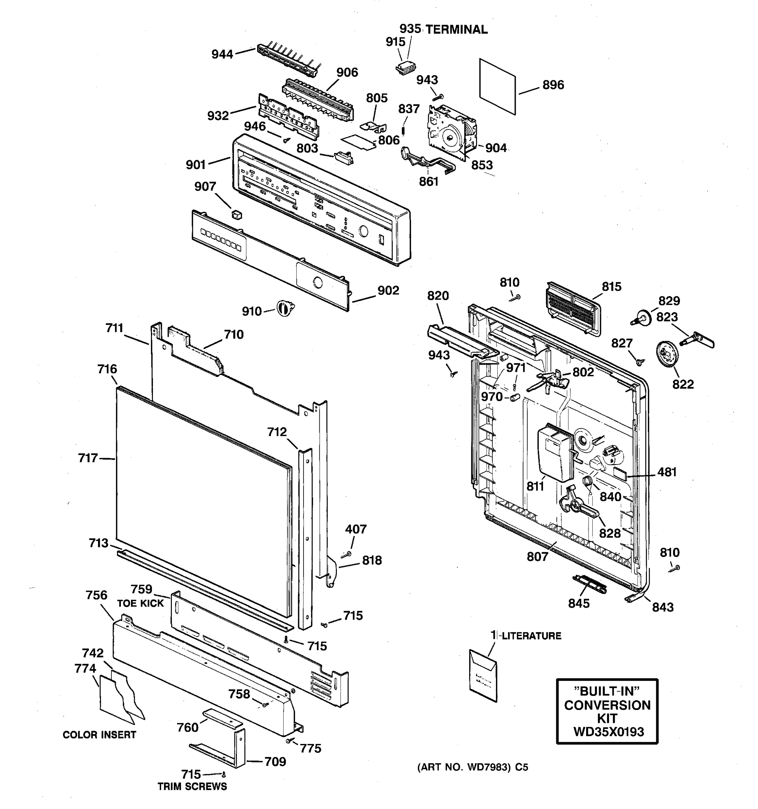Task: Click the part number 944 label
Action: pos(222,54)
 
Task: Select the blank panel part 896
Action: pos(497,87)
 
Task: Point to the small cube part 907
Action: pos(236,214)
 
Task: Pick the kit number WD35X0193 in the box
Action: pos(608,732)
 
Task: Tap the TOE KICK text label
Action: pos(140,603)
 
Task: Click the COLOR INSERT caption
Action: pos(99,735)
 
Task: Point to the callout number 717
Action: pos(88,458)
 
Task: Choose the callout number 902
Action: pos(388,290)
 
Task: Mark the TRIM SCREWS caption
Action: pos(192,786)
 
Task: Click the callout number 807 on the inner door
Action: pos(537,556)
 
